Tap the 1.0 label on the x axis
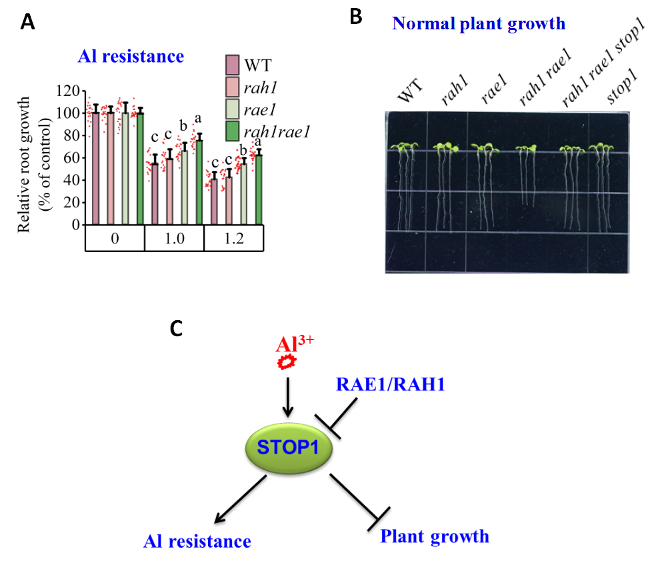click(x=174, y=239)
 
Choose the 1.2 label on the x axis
click(x=233, y=239)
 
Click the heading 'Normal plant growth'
click(x=479, y=24)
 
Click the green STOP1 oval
click(x=289, y=449)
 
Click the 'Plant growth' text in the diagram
click(x=434, y=536)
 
